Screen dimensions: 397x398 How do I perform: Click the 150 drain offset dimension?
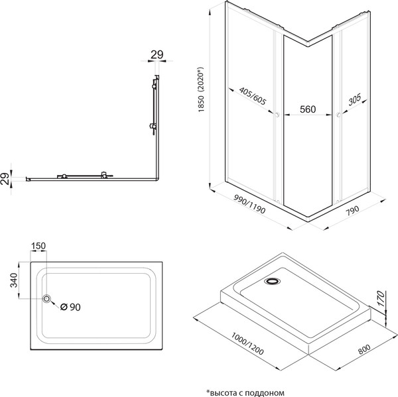pos(39,246)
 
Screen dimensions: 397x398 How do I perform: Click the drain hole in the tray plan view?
pos(46,300)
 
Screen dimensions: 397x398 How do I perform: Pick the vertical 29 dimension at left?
pos(6,177)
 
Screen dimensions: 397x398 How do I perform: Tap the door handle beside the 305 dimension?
pos(338,116)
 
